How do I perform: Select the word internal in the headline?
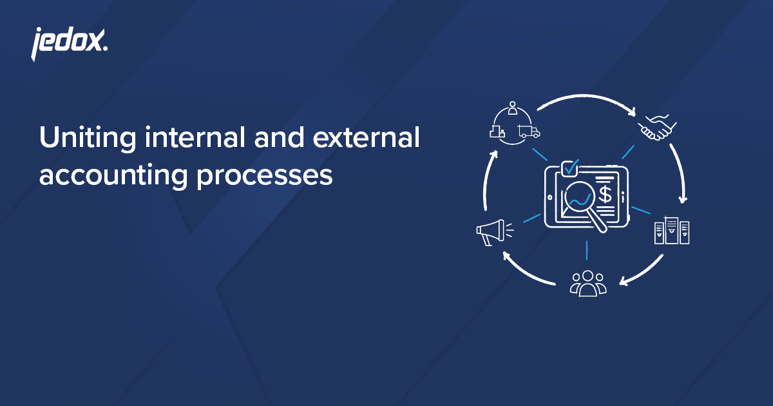pyautogui.click(x=183, y=139)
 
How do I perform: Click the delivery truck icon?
pyautogui.click(x=528, y=132)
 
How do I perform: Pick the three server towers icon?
pyautogui.click(x=671, y=231)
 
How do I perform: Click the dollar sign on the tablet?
pyautogui.click(x=606, y=193)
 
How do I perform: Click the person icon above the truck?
pyautogui.click(x=513, y=108)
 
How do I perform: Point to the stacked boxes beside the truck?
pyautogui.click(x=496, y=132)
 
